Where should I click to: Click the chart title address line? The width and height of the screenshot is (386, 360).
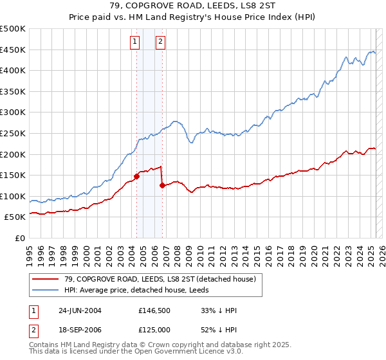tap(192, 6)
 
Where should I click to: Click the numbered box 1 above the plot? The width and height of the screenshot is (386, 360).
tap(135, 42)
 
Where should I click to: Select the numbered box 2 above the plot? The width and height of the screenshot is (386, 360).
tap(160, 42)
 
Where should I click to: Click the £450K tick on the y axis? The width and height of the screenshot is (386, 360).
tap(13, 50)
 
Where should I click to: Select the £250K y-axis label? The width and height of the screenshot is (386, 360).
tap(13, 133)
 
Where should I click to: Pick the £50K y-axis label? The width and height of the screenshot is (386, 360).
tap(15, 217)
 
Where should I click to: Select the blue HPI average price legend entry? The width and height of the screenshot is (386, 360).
tap(141, 290)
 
